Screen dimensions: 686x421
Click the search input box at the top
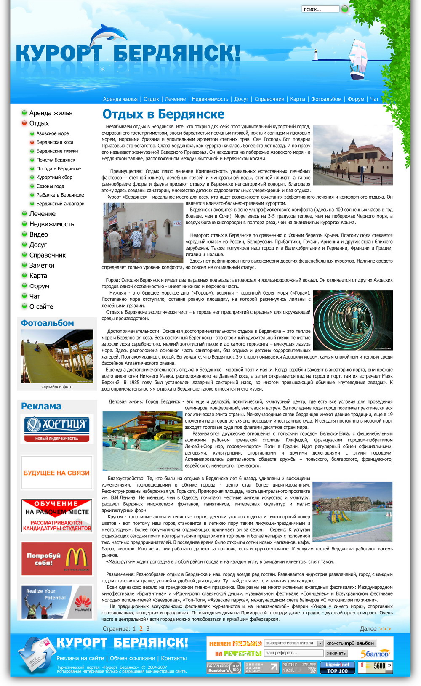click(x=320, y=9)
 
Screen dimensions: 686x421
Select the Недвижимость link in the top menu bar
click(x=210, y=99)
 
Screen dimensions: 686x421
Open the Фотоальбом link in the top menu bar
click(x=326, y=99)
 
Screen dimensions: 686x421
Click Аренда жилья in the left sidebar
click(x=51, y=113)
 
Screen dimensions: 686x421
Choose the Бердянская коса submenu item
click(x=55, y=142)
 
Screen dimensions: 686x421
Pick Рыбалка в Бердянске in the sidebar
click(x=60, y=195)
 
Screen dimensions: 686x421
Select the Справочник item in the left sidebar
click(x=47, y=255)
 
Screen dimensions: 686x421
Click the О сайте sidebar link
click(x=41, y=307)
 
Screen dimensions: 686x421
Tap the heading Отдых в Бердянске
click(x=163, y=114)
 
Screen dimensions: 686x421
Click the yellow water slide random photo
click(x=57, y=356)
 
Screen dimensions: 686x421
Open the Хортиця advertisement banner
click(x=57, y=429)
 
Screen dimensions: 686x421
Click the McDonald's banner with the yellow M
click(x=57, y=558)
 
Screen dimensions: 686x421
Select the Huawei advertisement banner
click(x=57, y=602)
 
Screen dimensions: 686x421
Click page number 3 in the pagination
click(x=148, y=629)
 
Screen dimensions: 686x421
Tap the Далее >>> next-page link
click(x=375, y=629)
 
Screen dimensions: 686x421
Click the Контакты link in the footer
click(x=173, y=658)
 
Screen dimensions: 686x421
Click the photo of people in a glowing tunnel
click(x=353, y=320)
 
